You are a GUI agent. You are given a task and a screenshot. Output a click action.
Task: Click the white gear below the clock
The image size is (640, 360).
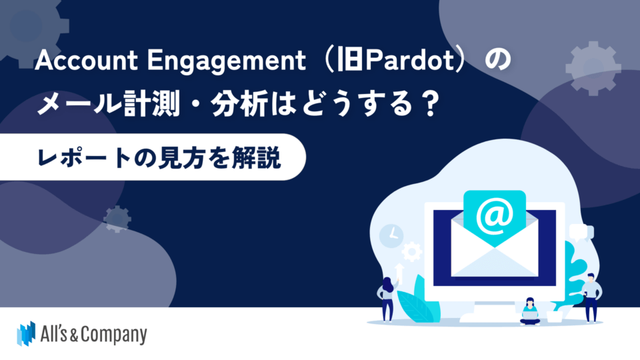point(412,251)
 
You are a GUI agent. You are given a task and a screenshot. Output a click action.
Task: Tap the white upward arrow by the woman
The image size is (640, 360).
point(399,270)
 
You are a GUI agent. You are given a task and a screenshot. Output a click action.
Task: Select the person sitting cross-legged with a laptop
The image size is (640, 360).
point(529,311)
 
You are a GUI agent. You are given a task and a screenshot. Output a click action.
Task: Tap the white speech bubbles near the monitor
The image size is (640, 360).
point(580,232)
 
